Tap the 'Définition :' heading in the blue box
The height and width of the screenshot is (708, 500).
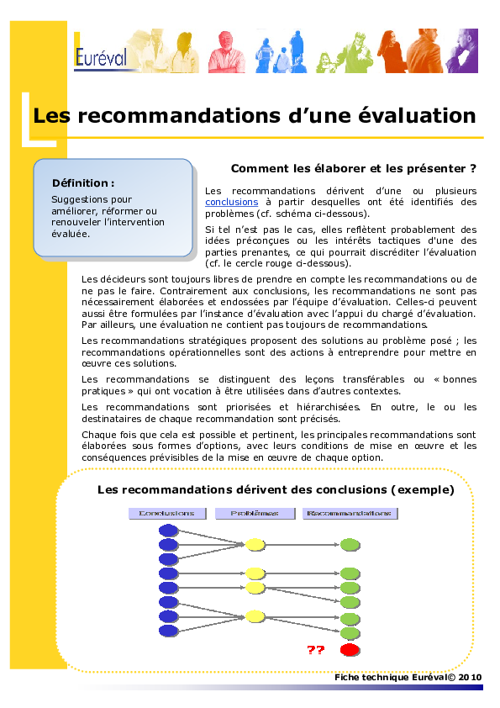pos(83,182)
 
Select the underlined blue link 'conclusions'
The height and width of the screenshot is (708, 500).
pos(231,202)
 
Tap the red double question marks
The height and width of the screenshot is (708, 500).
pos(316,650)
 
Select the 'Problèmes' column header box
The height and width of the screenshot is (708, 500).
pos(255,513)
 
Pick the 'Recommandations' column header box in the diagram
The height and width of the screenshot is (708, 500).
pos(348,513)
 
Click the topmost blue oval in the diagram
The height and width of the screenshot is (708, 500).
pos(168,530)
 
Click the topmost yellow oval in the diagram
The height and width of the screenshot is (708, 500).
pos(255,545)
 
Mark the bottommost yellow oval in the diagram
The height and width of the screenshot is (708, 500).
pos(255,616)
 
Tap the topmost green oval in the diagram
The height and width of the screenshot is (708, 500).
pos(350,545)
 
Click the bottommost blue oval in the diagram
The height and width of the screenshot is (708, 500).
pos(168,631)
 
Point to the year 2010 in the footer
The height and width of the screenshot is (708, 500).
pos(471,677)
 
